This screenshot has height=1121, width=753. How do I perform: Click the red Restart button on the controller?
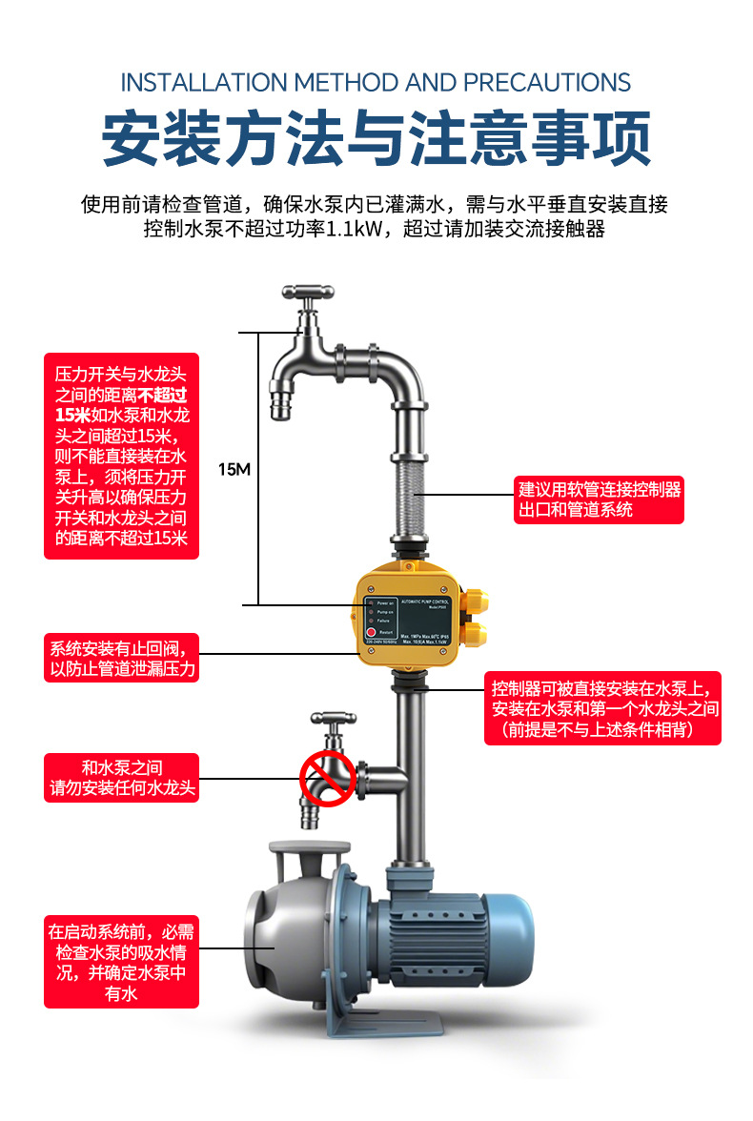pyautogui.click(x=373, y=632)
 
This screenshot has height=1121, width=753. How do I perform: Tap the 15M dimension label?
pyautogui.click(x=234, y=469)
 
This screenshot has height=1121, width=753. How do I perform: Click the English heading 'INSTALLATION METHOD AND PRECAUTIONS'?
pyautogui.click(x=376, y=82)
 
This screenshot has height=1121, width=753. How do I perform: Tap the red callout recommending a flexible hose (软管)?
pyautogui.click(x=600, y=500)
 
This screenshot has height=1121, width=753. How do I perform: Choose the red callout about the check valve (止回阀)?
pyautogui.click(x=122, y=659)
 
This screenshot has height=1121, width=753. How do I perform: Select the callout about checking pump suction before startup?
pyautogui.click(x=121, y=962)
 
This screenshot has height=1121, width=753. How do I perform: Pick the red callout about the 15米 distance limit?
pyautogui.click(x=121, y=457)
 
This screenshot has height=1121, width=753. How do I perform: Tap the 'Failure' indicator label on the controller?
pyautogui.click(x=384, y=621)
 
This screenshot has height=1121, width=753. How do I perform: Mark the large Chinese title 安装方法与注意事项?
pyautogui.click(x=376, y=139)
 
